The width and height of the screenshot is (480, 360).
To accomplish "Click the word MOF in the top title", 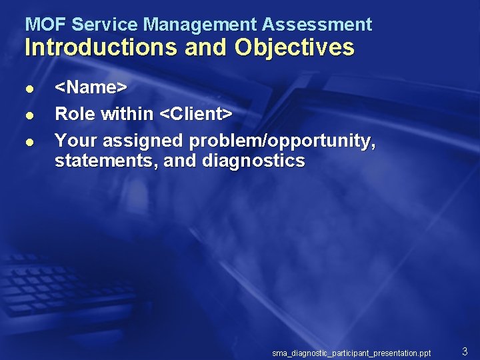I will [45, 25].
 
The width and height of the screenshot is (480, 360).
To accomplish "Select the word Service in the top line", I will [105, 25].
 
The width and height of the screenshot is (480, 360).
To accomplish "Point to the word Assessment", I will [317, 25].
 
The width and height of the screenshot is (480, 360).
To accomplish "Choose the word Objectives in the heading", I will [294, 47].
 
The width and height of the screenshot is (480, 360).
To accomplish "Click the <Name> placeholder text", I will [91, 87].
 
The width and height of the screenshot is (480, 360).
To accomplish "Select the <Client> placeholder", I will [196, 114].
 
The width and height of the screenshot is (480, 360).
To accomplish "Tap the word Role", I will [75, 114].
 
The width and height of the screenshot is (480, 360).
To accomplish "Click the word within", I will [127, 114].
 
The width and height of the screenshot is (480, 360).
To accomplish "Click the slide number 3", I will [465, 351].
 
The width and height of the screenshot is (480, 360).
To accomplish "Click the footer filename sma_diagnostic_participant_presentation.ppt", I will [351, 352].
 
